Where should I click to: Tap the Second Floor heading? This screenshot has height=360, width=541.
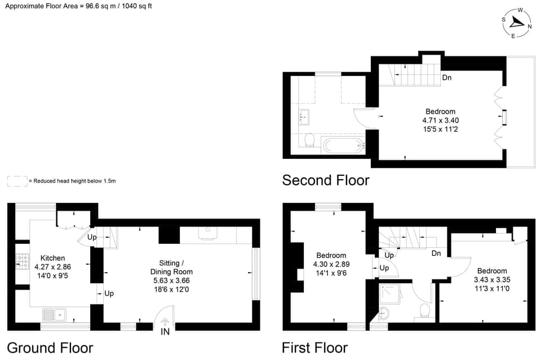click(x=326, y=180)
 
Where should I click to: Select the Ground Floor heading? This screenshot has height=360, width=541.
click(x=50, y=347)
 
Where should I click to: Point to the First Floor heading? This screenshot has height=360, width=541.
click(x=314, y=347)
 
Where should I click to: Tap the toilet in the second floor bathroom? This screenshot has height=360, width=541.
click(x=308, y=140)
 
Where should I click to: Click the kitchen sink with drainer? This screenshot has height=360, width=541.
click(x=55, y=313)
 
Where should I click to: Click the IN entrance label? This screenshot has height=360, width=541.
click(x=165, y=332)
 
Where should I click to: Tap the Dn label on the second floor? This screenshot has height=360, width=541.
click(x=446, y=78)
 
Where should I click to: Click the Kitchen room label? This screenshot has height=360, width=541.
click(x=53, y=258)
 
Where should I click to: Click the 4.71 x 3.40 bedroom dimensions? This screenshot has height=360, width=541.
click(x=440, y=120)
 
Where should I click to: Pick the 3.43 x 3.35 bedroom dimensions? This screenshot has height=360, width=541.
click(x=491, y=279)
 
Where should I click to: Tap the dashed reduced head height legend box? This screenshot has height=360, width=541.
click(x=17, y=181)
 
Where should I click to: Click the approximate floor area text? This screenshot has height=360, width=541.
click(x=78, y=6)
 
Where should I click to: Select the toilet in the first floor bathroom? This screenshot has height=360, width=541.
click(x=425, y=311)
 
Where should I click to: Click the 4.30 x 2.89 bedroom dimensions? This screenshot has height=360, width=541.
click(x=331, y=264)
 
